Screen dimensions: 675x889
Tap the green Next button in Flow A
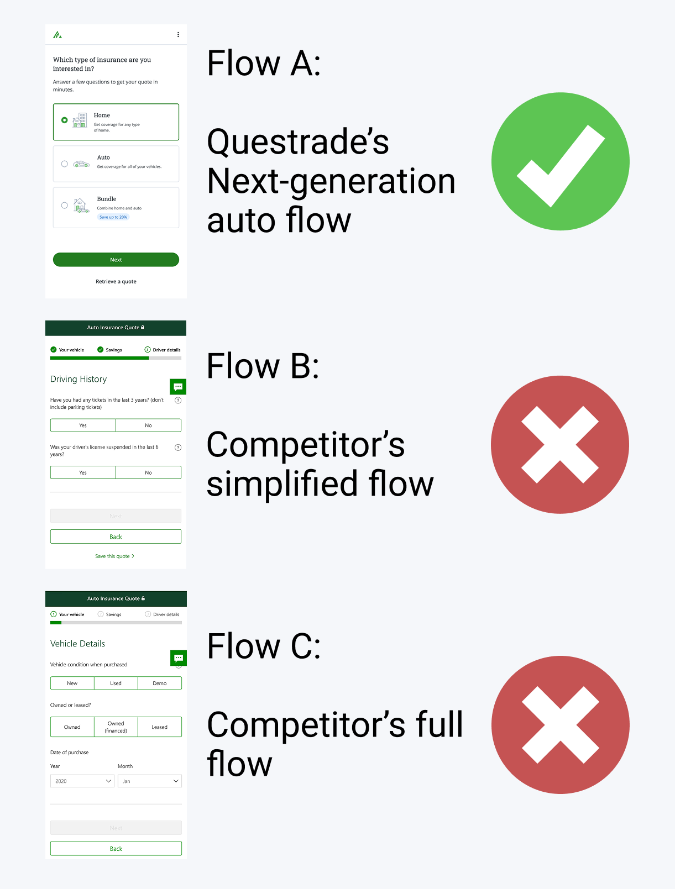pyautogui.click(x=116, y=260)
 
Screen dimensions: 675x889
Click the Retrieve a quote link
pyautogui.click(x=116, y=282)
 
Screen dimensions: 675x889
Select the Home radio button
pyautogui.click(x=65, y=120)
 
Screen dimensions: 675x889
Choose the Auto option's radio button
pyautogui.click(x=65, y=164)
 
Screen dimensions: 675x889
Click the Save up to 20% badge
pyautogui.click(x=113, y=217)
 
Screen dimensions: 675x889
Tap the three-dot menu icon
pyautogui.click(x=178, y=34)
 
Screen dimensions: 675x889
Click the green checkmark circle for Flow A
pyautogui.click(x=560, y=161)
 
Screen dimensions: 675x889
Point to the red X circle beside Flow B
pyautogui.click(x=559, y=445)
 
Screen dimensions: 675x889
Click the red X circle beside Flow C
pyautogui.click(x=560, y=725)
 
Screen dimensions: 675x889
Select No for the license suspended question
pyautogui.click(x=148, y=472)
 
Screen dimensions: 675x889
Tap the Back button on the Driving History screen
pyautogui.click(x=116, y=536)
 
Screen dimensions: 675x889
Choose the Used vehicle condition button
pyautogui.click(x=116, y=683)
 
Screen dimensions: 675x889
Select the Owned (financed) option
pyautogui.click(x=116, y=727)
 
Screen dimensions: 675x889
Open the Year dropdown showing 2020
pyautogui.click(x=82, y=781)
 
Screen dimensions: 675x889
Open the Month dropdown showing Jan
pyautogui.click(x=149, y=781)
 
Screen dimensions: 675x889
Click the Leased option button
pyautogui.click(x=159, y=727)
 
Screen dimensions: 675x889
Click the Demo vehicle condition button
pyautogui.click(x=159, y=683)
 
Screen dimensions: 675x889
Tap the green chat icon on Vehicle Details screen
pyautogui.click(x=178, y=658)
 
